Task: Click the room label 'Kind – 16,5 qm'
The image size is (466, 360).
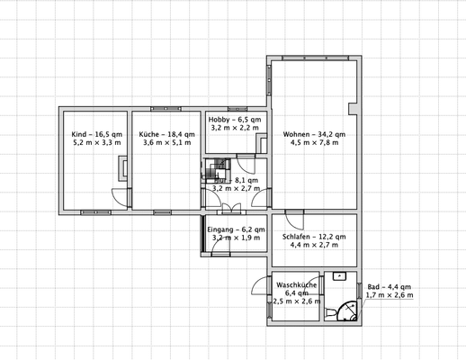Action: pos(95,135)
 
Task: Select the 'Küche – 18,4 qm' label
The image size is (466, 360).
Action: pos(163,135)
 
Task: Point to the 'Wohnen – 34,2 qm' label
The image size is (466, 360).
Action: pos(313,135)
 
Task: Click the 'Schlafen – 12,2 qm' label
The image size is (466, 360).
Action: pos(312,237)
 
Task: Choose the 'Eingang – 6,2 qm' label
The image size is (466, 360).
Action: pos(236,230)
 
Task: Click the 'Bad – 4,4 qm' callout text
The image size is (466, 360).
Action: pos(390,286)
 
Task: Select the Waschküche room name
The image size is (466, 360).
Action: pos(296,284)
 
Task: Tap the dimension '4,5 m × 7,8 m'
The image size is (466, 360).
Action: pos(313,144)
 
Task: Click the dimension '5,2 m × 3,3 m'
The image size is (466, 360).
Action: pos(95,144)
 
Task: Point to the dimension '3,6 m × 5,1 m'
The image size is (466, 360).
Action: pos(163,144)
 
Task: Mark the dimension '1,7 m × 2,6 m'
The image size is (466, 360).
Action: pos(390,295)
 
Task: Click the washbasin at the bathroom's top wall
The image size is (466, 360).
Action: pos(340,276)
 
